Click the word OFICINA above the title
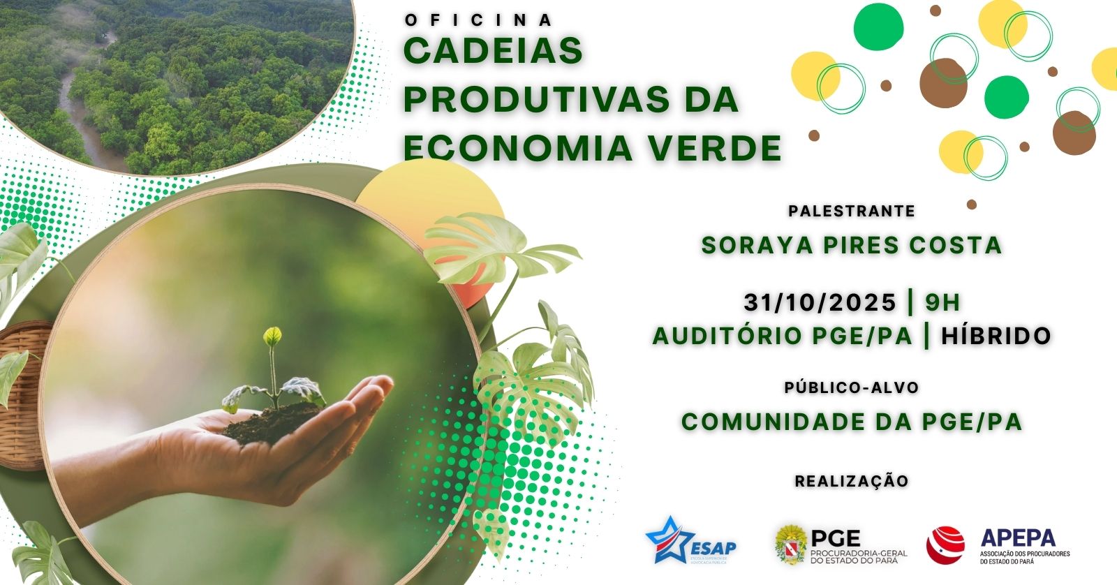[478, 20]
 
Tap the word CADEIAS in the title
[494, 51]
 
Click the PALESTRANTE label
[851, 211]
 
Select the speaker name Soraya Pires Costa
[852, 245]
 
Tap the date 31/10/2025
[820, 302]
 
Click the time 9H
[942, 302]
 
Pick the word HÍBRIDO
[996, 336]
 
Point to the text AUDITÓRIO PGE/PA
[783, 336]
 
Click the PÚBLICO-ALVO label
[851, 387]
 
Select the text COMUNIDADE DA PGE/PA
[852, 422]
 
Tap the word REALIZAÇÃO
[852, 481]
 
